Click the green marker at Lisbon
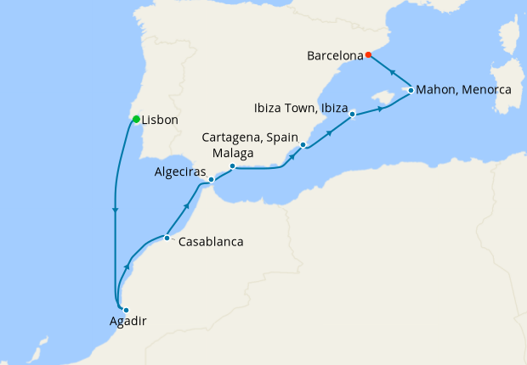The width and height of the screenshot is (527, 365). [136, 118]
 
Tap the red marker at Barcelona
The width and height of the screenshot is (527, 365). [369, 56]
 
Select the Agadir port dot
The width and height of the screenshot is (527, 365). [126, 310]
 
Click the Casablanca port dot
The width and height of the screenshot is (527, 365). [167, 238]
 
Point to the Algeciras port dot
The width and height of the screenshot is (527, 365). [211, 180]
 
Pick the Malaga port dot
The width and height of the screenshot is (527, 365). [232, 166]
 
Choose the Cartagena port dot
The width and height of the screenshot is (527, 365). [303, 146]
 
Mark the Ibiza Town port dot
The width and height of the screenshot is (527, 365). [352, 115]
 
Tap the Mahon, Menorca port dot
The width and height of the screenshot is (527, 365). [411, 90]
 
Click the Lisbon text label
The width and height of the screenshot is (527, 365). [160, 121]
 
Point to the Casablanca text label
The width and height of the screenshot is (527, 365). [211, 242]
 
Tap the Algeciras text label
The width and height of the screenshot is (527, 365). [179, 171]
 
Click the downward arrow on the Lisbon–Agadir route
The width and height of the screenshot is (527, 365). [115, 211]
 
